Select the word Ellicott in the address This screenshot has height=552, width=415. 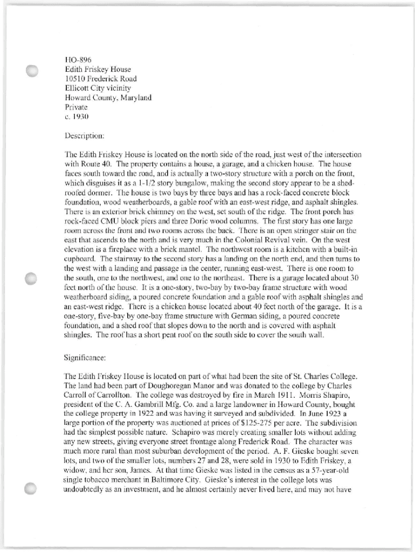pos(77,88)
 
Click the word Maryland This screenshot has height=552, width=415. pos(134,98)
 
